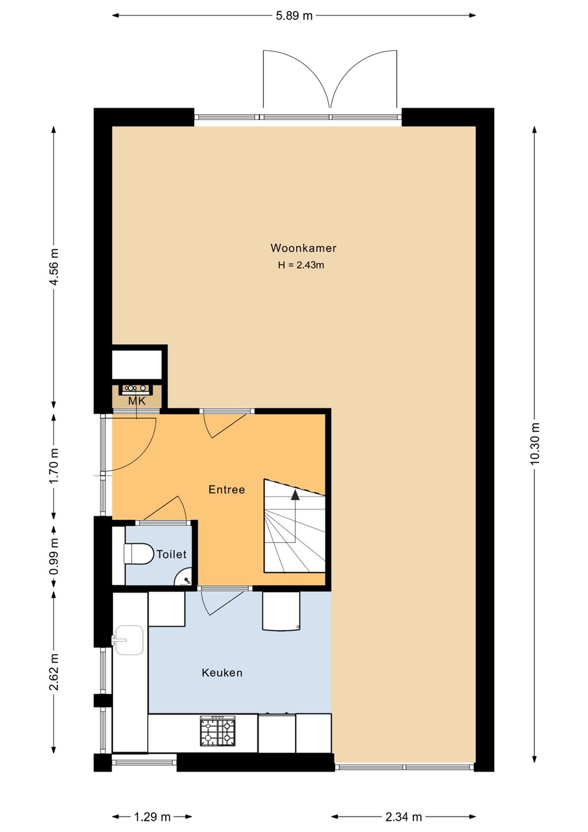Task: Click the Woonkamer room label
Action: [x=303, y=248]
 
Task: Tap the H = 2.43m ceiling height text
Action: [x=301, y=265]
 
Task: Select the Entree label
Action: [x=227, y=489]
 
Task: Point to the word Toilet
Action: [x=172, y=554]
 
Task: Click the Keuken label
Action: [x=222, y=673]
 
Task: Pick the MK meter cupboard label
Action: [x=137, y=402]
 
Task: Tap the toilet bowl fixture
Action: [x=139, y=555]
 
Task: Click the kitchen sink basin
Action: [x=129, y=640]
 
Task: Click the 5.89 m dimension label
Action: [x=294, y=16]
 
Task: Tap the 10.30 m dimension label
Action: [x=534, y=444]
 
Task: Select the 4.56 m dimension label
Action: [x=54, y=266]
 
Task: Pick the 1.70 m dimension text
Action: [x=54, y=466]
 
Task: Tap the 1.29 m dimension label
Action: [x=152, y=817]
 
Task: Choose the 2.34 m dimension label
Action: [x=404, y=817]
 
